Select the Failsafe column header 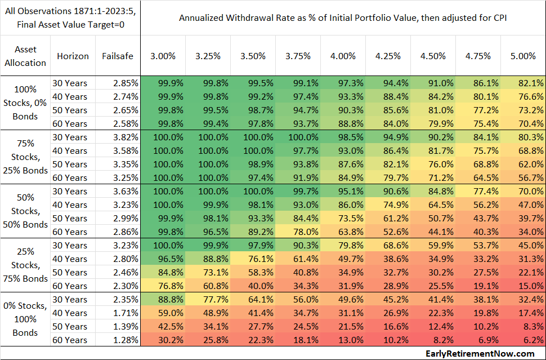pyautogui.click(x=117, y=56)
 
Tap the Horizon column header pyautogui.click(x=73, y=56)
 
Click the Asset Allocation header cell pyautogui.click(x=25, y=56)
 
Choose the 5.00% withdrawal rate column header pyautogui.click(x=523, y=56)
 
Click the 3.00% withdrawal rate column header pyautogui.click(x=163, y=56)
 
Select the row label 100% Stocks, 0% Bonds pyautogui.click(x=25, y=103)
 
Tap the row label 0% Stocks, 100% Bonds pyautogui.click(x=25, y=319)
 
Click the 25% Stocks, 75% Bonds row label pyautogui.click(x=25, y=265)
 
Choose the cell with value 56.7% pyautogui.click(x=525, y=177)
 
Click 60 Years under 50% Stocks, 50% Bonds pyautogui.click(x=70, y=232)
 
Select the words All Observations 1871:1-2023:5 pyautogui.click(x=70, y=11)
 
